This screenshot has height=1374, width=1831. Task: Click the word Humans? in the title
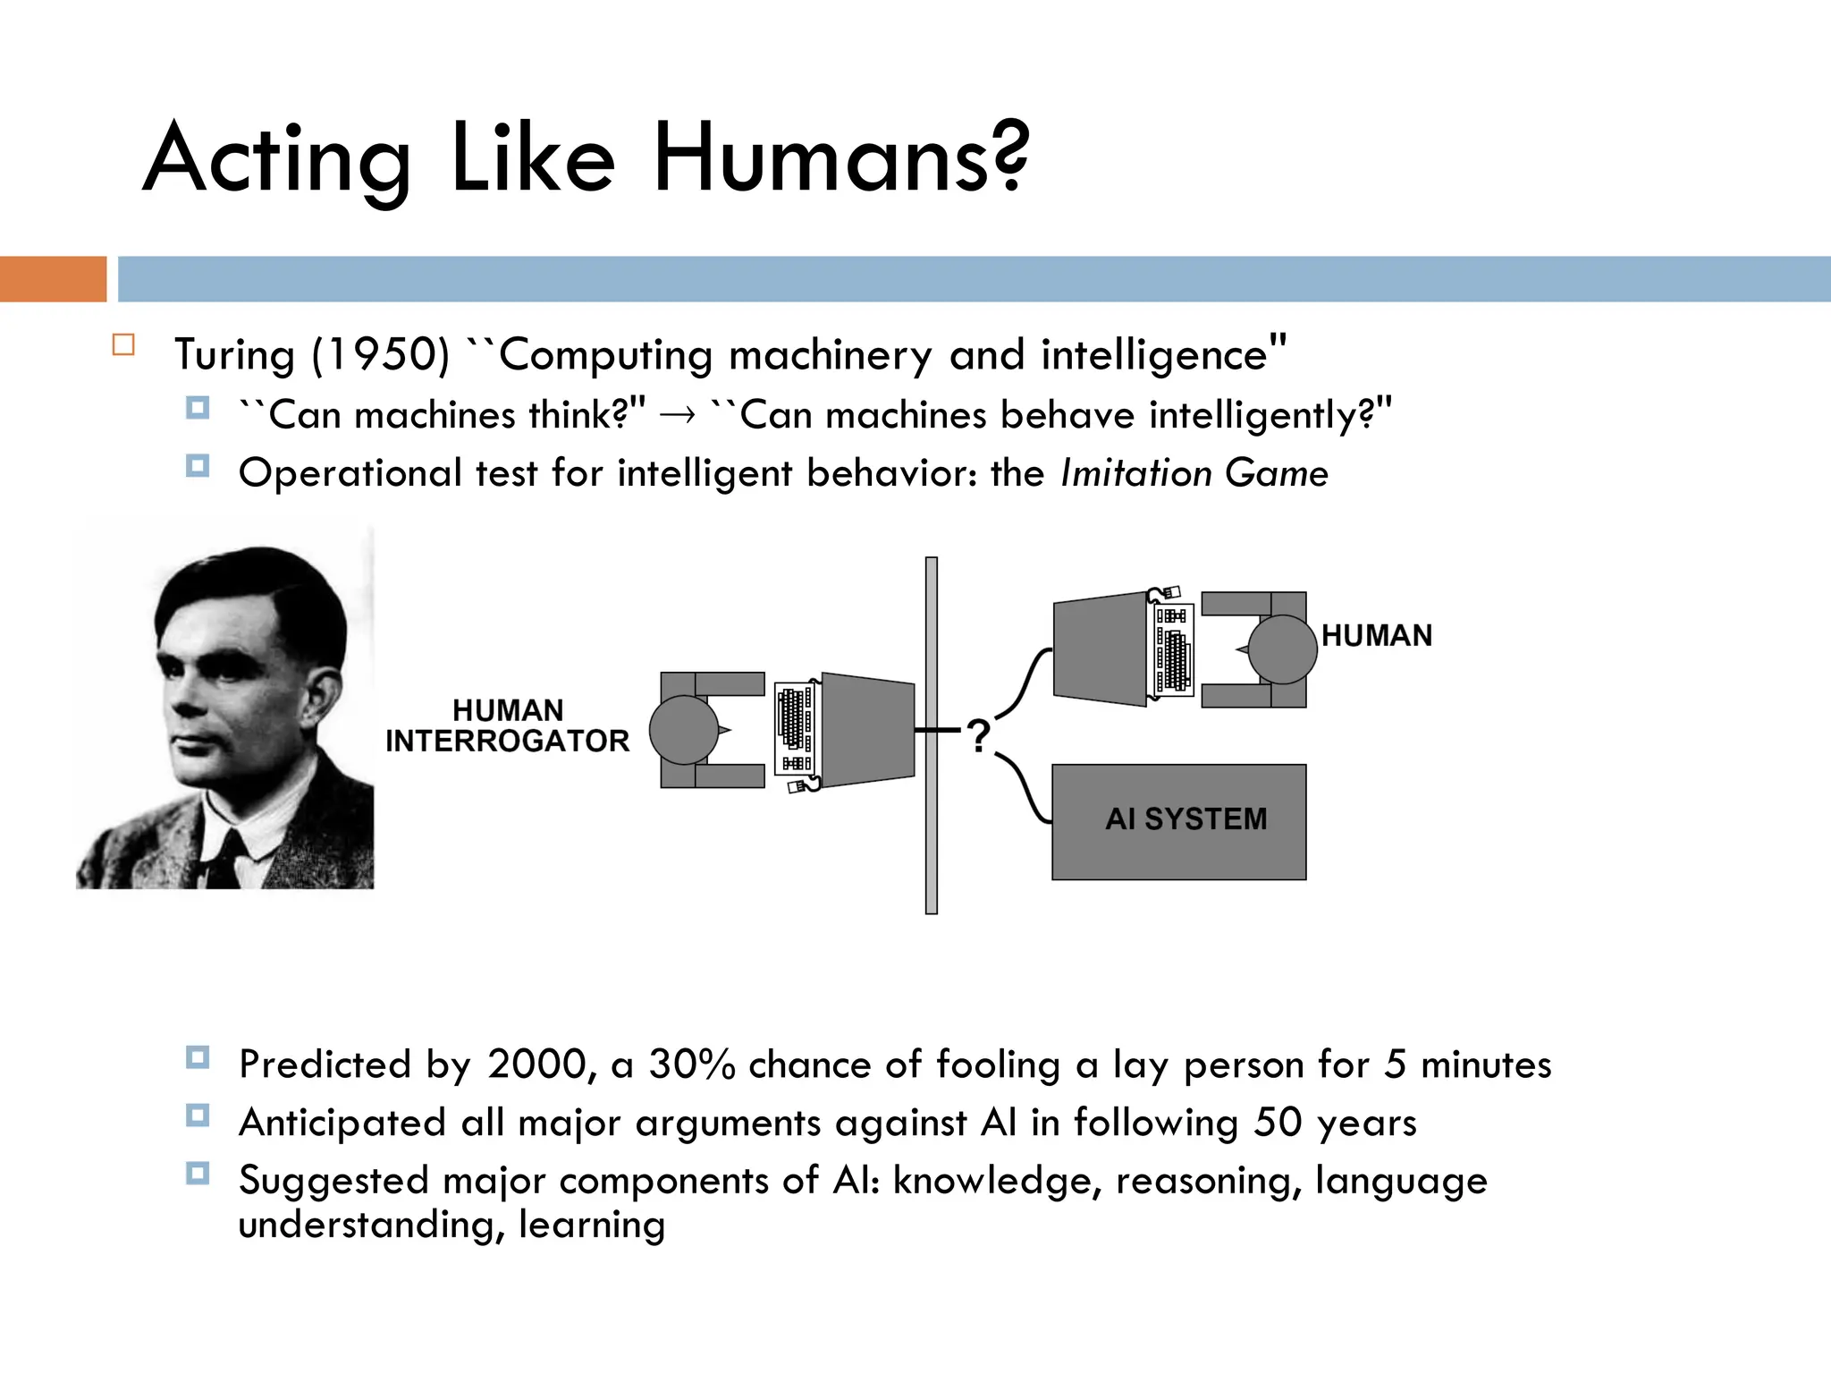click(x=840, y=159)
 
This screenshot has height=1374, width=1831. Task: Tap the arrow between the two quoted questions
click(x=677, y=415)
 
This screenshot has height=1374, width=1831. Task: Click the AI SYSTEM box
click(x=1178, y=821)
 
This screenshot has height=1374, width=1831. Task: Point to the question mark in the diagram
click(x=979, y=736)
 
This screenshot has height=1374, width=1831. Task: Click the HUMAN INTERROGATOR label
click(x=507, y=725)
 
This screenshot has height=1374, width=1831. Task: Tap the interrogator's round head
click(x=683, y=730)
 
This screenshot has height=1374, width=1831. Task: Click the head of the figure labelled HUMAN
click(x=1282, y=649)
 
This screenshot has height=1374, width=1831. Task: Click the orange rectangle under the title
click(x=53, y=279)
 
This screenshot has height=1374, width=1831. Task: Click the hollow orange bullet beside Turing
click(x=123, y=345)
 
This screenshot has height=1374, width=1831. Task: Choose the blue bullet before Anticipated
click(x=198, y=1115)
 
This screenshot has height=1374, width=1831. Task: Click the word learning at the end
click(x=592, y=1225)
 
